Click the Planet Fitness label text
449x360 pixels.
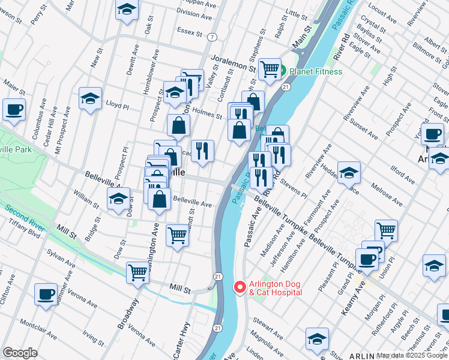click(x=316, y=71)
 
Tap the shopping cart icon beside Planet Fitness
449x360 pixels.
click(x=270, y=69)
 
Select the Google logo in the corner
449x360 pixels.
click(x=20, y=352)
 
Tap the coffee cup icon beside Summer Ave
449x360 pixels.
click(x=46, y=294)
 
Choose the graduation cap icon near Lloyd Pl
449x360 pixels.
click(x=90, y=98)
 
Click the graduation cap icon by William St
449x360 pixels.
click(x=118, y=198)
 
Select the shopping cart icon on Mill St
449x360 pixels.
click(x=137, y=272)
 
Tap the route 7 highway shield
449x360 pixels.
click(x=212, y=37)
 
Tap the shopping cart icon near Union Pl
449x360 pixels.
click(x=386, y=230)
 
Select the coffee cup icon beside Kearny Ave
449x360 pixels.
click(x=367, y=259)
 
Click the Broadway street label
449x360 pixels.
click(x=127, y=314)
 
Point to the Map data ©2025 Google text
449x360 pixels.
click(x=412, y=355)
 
